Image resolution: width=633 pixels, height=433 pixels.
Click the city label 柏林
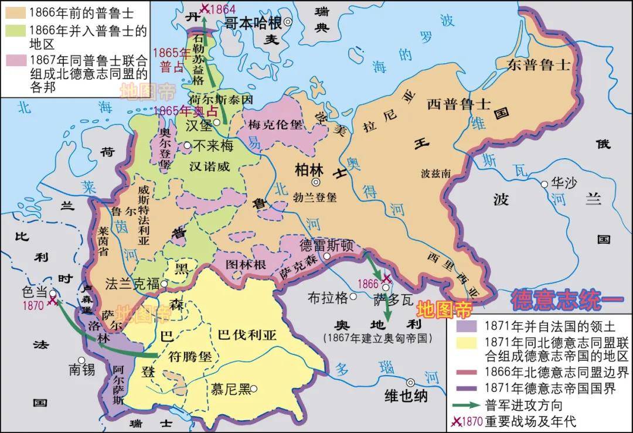click(x=309, y=169)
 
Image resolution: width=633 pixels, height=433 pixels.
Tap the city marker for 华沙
click(x=544, y=183)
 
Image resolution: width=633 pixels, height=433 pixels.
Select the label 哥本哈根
click(x=254, y=23)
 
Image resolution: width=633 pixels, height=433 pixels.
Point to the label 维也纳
click(x=406, y=396)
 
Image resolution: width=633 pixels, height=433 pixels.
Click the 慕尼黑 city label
click(x=230, y=389)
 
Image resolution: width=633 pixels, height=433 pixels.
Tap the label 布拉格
click(x=328, y=297)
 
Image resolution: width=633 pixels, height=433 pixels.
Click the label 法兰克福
click(x=132, y=284)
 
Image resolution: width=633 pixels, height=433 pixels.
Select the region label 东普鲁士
click(x=539, y=64)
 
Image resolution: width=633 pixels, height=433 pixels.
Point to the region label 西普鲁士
click(x=458, y=104)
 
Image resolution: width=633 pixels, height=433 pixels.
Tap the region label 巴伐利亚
click(x=247, y=335)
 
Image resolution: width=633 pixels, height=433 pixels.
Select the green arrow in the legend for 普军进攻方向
click(x=466, y=405)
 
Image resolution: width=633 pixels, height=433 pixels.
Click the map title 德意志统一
click(x=567, y=300)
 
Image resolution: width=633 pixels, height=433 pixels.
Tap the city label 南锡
click(x=81, y=369)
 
